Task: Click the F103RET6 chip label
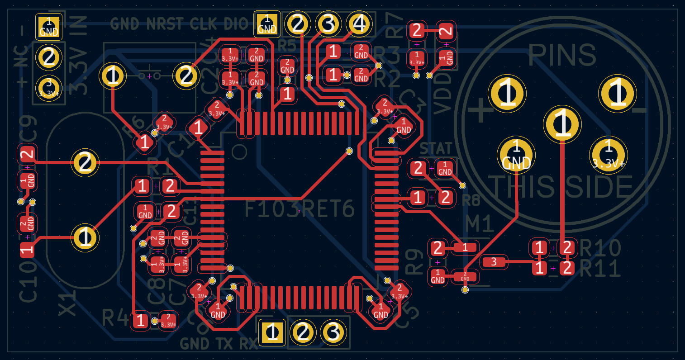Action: pyautogui.click(x=299, y=209)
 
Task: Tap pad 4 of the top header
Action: pyautogui.click(x=359, y=24)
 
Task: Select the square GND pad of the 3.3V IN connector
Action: pyautogui.click(x=48, y=27)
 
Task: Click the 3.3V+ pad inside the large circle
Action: pyautogui.click(x=608, y=155)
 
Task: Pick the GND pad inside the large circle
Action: pyautogui.click(x=516, y=155)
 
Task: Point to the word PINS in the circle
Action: pyautogui.click(x=562, y=55)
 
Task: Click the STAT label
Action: pyautogui.click(x=435, y=148)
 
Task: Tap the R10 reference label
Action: pyautogui.click(x=600, y=248)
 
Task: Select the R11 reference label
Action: pyautogui.click(x=600, y=269)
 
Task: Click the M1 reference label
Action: pyautogui.click(x=479, y=224)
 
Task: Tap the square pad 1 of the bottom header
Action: pyautogui.click(x=272, y=333)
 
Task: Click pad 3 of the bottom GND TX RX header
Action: pyautogui.click(x=333, y=333)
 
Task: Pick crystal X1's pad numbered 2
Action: pyautogui.click(x=85, y=162)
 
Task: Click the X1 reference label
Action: pyautogui.click(x=68, y=303)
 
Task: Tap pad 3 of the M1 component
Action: pyautogui.click(x=494, y=261)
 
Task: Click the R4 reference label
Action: pyautogui.click(x=115, y=318)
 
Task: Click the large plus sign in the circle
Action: pyautogui.click(x=480, y=110)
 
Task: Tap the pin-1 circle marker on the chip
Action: pyautogui.click(x=239, y=152)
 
